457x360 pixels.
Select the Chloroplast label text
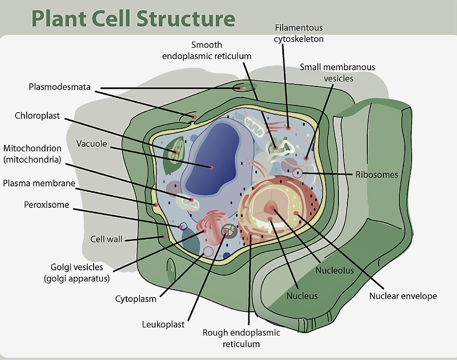click(37, 116)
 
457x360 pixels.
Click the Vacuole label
click(91, 143)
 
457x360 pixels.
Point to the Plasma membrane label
click(39, 183)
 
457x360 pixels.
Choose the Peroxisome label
click(46, 205)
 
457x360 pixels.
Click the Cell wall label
click(106, 239)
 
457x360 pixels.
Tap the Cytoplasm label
click(136, 299)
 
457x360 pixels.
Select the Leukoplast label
click(163, 324)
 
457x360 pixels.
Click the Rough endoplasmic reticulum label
click(241, 338)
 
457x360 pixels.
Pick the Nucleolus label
click(335, 270)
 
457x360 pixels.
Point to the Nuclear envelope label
click(403, 296)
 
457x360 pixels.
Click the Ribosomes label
click(377, 175)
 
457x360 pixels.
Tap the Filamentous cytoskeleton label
click(298, 33)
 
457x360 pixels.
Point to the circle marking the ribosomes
click(298, 173)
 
